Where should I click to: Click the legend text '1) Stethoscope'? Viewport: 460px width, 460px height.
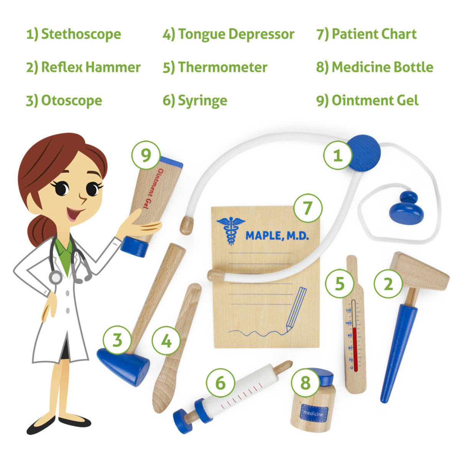[74, 34]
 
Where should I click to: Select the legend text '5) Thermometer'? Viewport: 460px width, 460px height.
[215, 67]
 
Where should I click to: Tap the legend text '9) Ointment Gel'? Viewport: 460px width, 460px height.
[367, 100]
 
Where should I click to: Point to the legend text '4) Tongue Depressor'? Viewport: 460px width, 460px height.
[228, 34]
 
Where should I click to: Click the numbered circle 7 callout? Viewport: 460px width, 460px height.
[308, 208]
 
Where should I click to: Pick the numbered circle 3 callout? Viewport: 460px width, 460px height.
[117, 340]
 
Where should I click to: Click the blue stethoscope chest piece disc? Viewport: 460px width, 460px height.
[363, 153]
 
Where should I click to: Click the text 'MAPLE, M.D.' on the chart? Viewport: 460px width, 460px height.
[277, 236]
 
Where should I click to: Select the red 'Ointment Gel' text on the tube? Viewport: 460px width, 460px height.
[151, 188]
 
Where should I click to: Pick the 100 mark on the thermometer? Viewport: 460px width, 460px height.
[348, 323]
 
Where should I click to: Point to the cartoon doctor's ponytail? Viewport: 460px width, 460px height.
[41, 230]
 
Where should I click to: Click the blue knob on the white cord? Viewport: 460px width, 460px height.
[407, 208]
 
